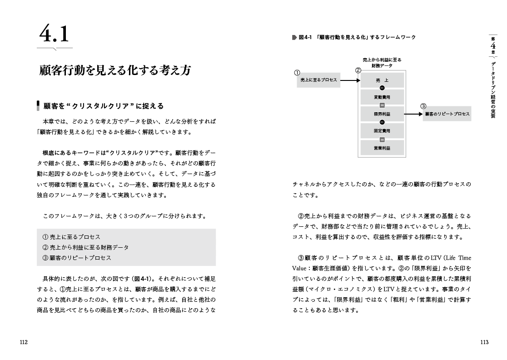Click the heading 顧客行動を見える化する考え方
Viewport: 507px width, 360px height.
[x=115, y=70]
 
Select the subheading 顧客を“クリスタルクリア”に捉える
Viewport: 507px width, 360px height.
[x=103, y=106]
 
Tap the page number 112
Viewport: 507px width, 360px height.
[x=24, y=342]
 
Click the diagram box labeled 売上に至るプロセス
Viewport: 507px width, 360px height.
[x=318, y=80]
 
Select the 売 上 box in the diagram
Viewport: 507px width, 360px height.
[x=382, y=80]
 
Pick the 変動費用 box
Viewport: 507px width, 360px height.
[x=382, y=97]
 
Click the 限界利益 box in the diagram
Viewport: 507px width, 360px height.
[x=382, y=114]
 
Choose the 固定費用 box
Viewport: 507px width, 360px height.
[x=382, y=131]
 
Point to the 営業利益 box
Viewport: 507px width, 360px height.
[x=382, y=148]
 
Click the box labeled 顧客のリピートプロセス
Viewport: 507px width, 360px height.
[x=447, y=114]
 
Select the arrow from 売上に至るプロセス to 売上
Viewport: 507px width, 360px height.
[x=350, y=80]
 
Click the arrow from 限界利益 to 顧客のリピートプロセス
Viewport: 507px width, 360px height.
[x=413, y=114]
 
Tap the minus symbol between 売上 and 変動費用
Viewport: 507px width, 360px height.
[x=382, y=88]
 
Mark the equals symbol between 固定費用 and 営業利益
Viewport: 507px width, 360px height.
[x=382, y=140]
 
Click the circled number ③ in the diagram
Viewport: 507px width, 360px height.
[x=423, y=106]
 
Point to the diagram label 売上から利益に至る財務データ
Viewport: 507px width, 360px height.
[x=382, y=63]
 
